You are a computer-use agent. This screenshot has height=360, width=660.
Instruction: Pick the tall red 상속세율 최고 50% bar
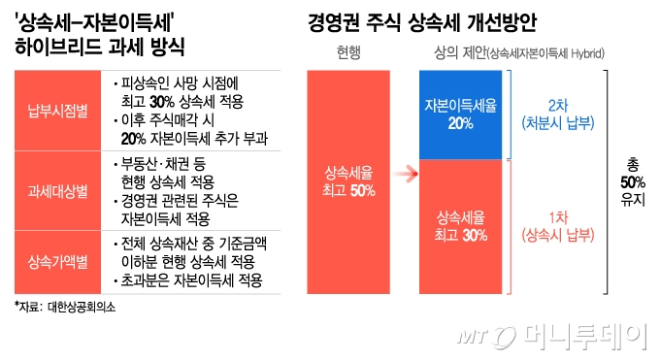(x=349, y=180)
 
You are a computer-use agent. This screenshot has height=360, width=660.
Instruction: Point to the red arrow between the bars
(x=405, y=176)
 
